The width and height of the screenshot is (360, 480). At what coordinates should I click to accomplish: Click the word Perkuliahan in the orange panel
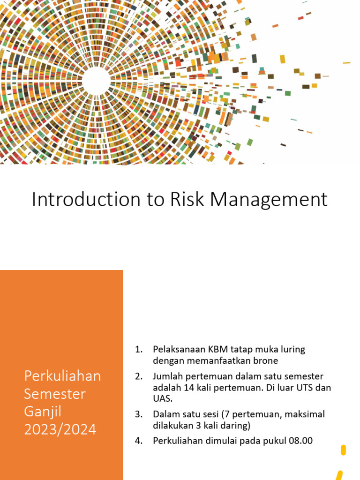point(62,376)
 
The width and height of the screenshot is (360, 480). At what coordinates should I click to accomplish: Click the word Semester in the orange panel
point(55,394)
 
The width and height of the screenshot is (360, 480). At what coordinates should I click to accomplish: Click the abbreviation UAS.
point(161,399)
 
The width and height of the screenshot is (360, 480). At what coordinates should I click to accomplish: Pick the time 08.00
point(300,441)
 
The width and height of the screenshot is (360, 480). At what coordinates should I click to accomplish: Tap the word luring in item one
point(292,350)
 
